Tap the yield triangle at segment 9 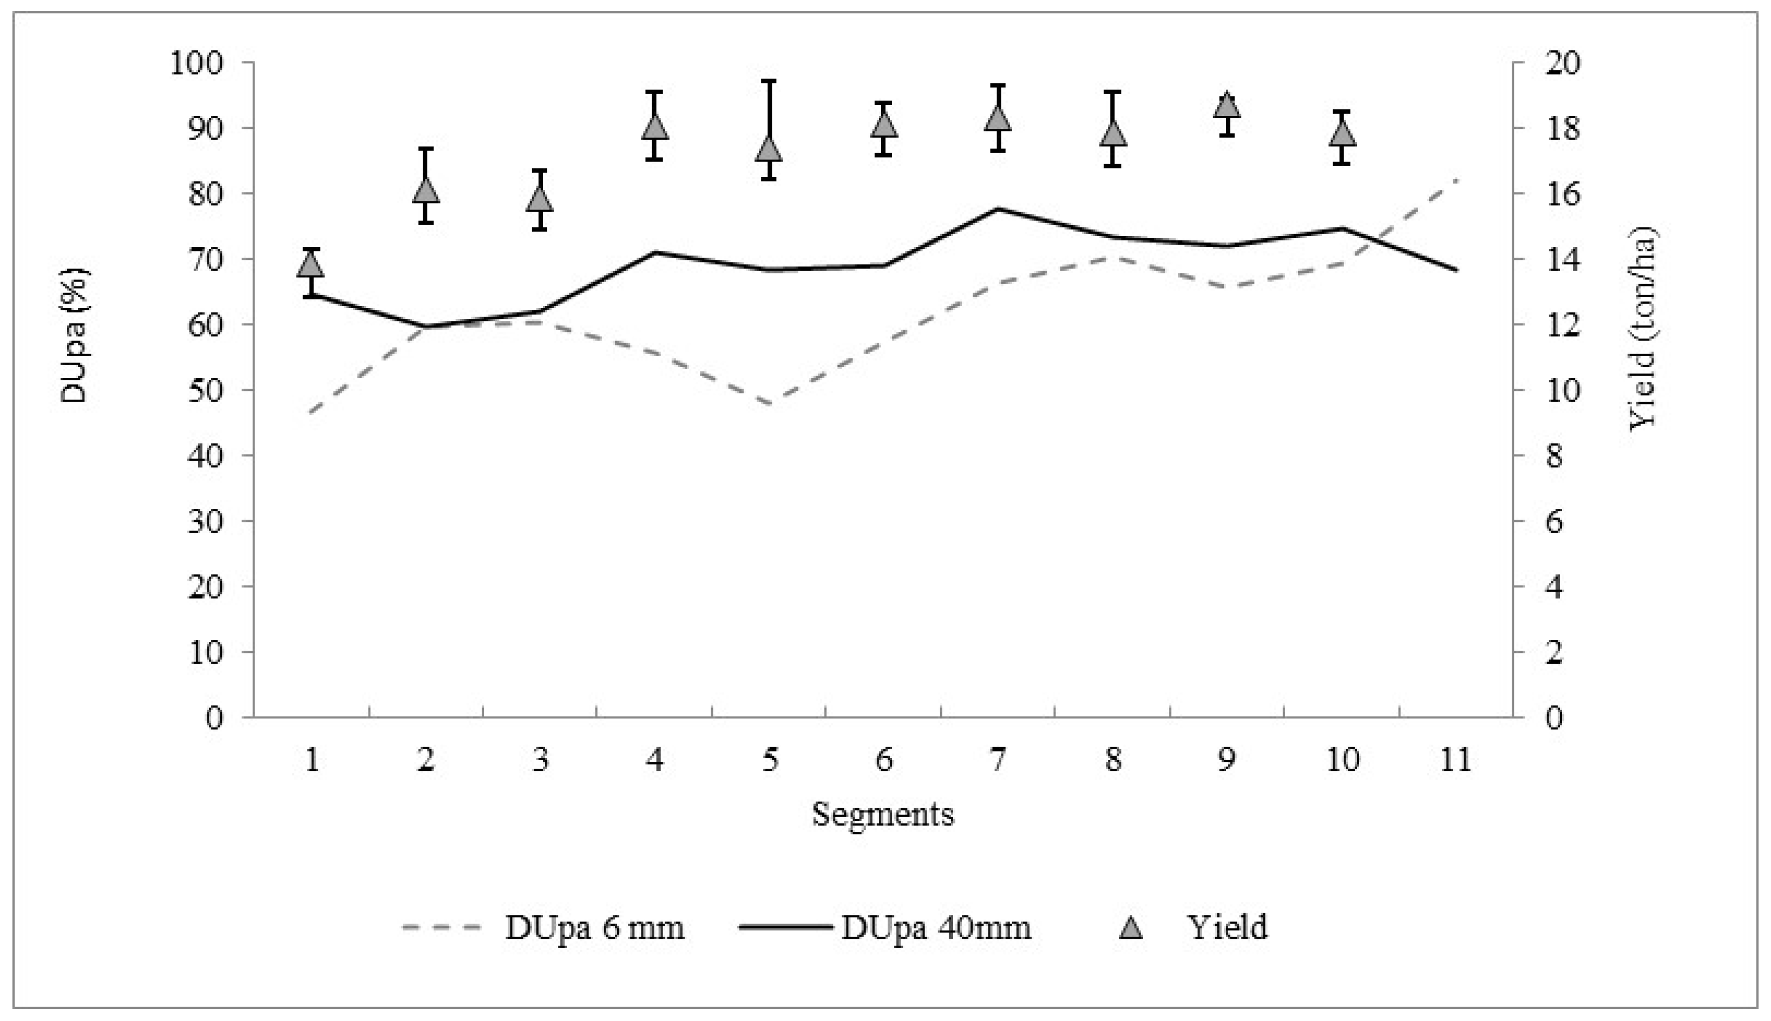1226,105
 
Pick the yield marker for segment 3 539,199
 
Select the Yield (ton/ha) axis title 1642,328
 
